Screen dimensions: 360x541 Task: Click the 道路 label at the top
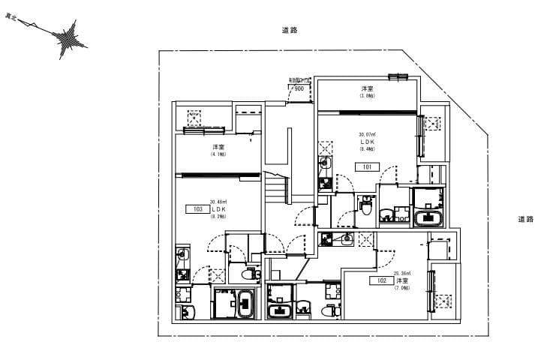[290, 30]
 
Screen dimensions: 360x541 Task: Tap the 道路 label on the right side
[526, 220]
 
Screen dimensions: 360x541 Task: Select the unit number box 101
[367, 166]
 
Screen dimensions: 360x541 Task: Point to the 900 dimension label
[299, 88]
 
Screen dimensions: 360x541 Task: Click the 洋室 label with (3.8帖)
[366, 89]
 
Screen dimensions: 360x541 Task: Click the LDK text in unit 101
[367, 141]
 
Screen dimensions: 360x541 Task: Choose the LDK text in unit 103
[219, 209]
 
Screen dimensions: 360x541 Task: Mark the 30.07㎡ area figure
[367, 134]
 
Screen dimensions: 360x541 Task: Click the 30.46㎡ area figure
[218, 202]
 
